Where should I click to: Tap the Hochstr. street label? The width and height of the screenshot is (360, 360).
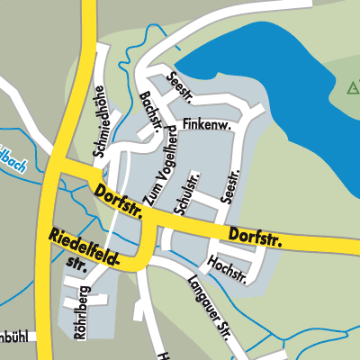[x=227, y=268]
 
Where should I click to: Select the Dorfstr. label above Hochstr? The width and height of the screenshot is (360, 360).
[x=256, y=238]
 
